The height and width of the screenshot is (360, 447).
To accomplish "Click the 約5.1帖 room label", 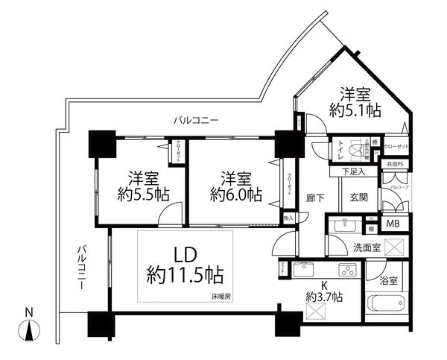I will [356, 102].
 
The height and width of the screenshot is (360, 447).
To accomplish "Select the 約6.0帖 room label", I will [235, 186].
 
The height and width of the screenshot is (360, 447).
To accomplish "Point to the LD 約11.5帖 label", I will [185, 265].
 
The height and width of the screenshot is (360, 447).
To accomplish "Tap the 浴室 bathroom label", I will [388, 282].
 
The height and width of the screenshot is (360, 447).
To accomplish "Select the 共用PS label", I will [395, 164].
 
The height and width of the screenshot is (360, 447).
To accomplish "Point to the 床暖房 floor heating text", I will [221, 297].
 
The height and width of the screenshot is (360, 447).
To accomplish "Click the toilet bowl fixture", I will [364, 150].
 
